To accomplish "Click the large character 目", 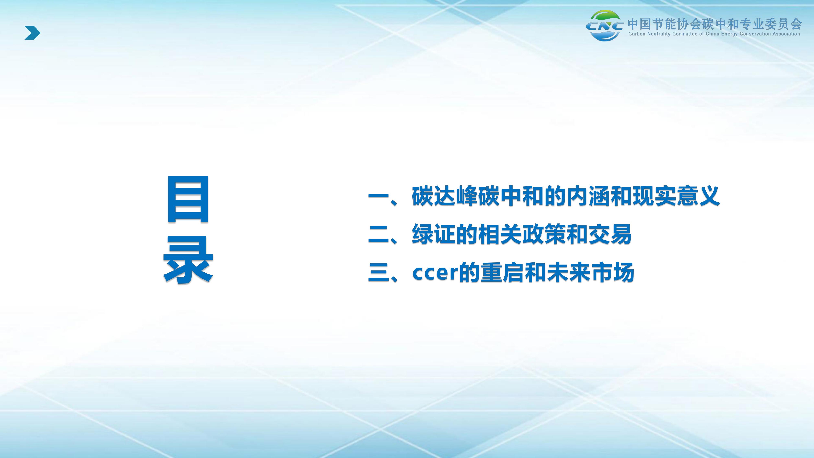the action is coord(188,199).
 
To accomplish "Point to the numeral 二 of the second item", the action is coord(378,234).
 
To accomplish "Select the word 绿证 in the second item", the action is coord(434,234).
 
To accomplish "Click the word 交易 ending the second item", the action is coord(610,234).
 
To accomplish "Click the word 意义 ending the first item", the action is coord(698,196).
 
